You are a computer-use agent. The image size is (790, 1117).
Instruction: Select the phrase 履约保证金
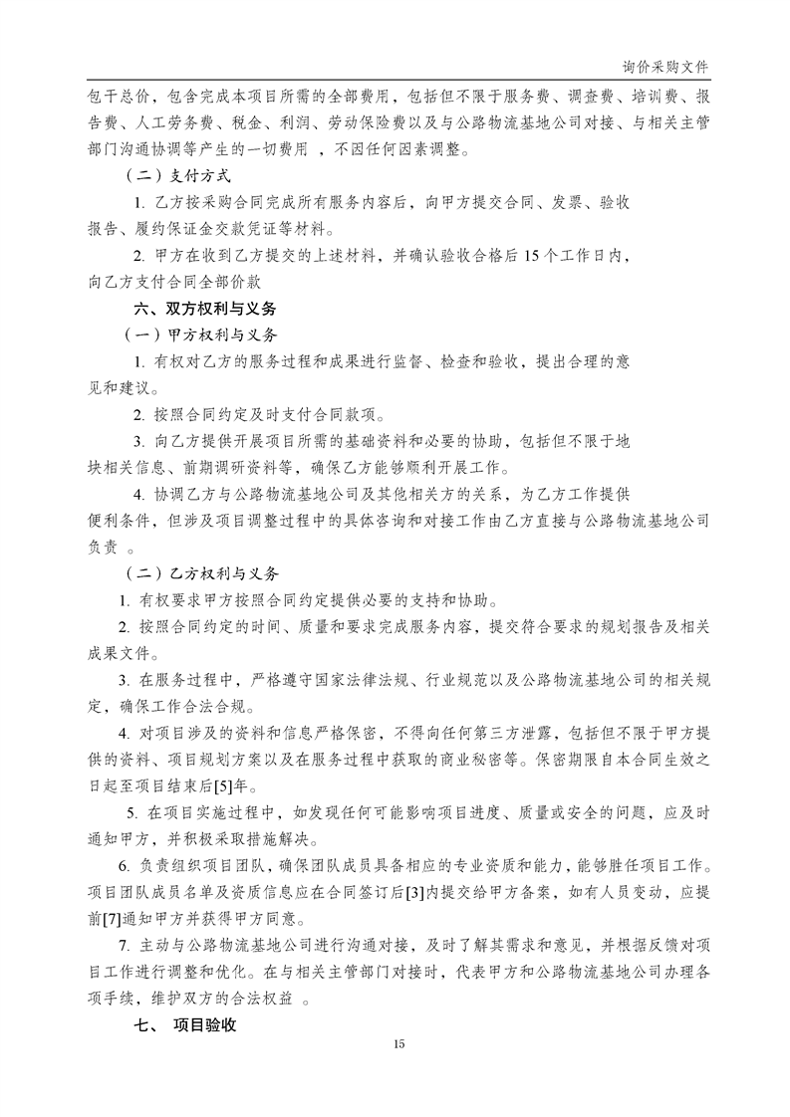tap(173, 229)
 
